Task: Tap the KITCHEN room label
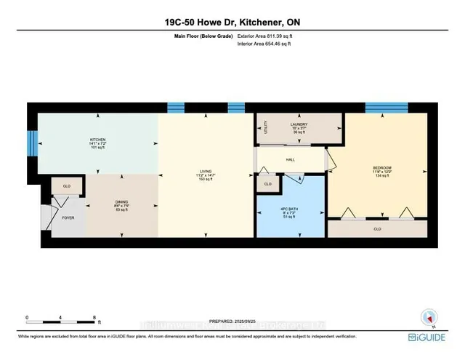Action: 98,140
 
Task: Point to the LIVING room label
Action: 206,172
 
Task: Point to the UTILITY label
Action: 267,128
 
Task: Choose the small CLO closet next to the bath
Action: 268,184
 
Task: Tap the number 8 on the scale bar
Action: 94,318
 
